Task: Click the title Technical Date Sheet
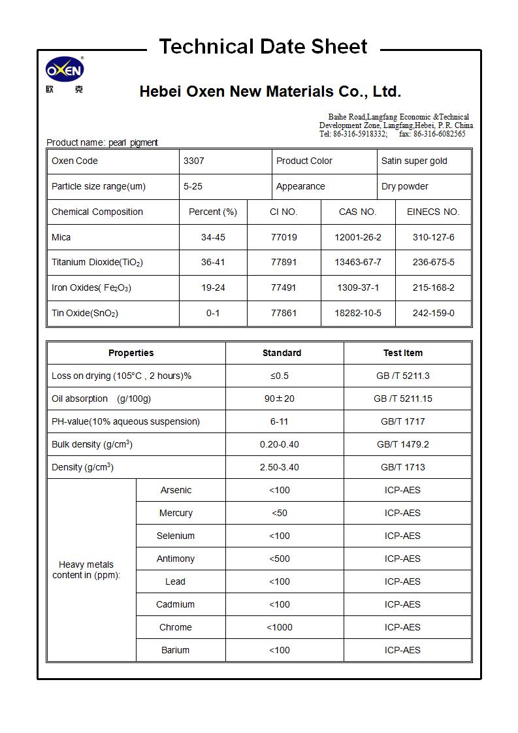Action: tap(263, 46)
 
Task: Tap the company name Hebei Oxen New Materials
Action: tap(270, 91)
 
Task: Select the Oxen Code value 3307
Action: tap(194, 161)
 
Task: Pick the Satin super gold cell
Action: tap(414, 161)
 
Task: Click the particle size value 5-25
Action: tap(193, 186)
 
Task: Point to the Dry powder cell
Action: tap(405, 186)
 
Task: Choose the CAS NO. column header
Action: tap(357, 212)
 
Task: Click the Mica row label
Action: tap(61, 237)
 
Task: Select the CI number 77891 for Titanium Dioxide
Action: tap(283, 262)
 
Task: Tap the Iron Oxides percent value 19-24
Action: tap(213, 287)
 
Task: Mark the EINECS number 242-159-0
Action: tap(433, 313)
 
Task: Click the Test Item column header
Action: tap(402, 353)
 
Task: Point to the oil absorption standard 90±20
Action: tap(280, 399)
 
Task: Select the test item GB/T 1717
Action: tap(402, 421)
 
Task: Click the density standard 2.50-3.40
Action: tap(280, 467)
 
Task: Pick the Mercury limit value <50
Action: tap(280, 513)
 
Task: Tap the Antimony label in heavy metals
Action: tap(176, 559)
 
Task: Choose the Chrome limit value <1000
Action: tap(280, 627)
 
